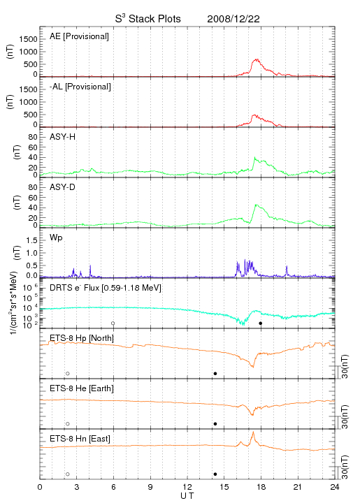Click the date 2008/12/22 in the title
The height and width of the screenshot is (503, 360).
(233, 19)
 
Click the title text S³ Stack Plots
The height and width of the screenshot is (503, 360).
(148, 19)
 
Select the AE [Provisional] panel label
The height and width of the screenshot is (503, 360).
(79, 36)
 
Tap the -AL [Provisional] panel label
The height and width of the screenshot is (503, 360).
(80, 87)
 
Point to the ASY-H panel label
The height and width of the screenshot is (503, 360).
(63, 137)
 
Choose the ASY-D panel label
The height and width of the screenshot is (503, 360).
(63, 187)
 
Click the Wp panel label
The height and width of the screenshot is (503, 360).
(56, 238)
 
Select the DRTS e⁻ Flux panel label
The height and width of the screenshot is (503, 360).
(106, 288)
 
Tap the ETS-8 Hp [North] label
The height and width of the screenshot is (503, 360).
(82, 338)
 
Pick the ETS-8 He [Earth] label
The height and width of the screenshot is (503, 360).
(82, 388)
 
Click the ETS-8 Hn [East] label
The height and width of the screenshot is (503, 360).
(80, 439)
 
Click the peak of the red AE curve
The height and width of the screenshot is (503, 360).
(256, 59)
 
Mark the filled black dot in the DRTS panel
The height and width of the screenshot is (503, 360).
(261, 323)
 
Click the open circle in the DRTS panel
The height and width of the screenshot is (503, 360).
(113, 323)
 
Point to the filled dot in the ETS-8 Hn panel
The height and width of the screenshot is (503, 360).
(215, 474)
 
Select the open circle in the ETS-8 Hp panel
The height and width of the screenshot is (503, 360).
(68, 373)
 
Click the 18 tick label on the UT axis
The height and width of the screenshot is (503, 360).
(261, 487)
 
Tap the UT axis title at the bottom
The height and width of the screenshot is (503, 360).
(187, 496)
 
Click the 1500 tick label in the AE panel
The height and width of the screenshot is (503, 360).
(28, 39)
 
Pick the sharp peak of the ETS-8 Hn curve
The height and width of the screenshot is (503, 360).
(254, 432)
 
